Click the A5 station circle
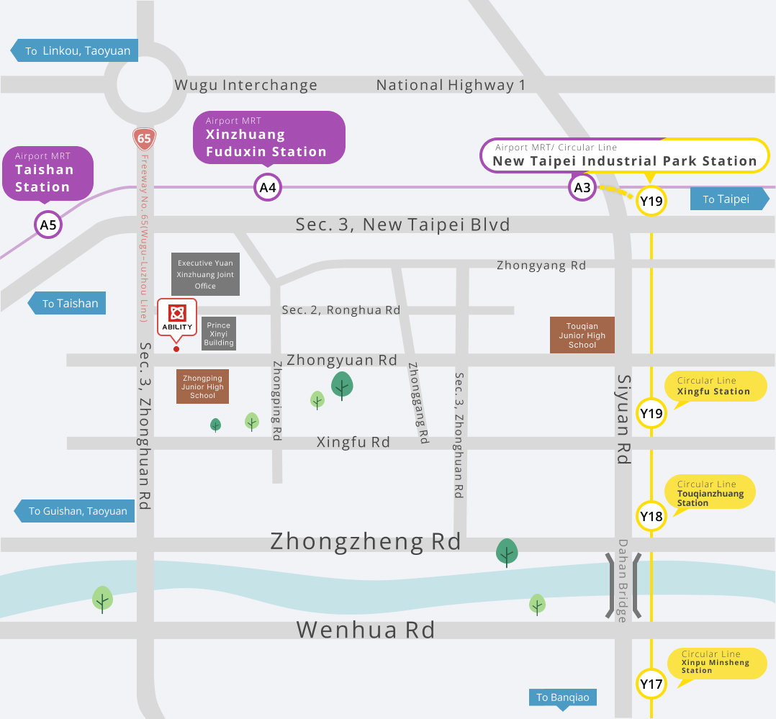[x=48, y=225]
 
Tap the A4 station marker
[x=268, y=189]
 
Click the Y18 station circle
[x=651, y=516]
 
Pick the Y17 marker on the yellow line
[x=651, y=684]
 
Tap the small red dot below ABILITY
[x=176, y=349]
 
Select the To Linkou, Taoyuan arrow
[x=73, y=51]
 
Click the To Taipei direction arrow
[x=729, y=199]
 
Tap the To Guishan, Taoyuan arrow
[x=75, y=511]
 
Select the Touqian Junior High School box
[x=582, y=335]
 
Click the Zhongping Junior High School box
[x=203, y=386]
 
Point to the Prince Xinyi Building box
[x=219, y=334]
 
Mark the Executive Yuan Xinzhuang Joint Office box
[x=205, y=274]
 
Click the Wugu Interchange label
[x=245, y=85]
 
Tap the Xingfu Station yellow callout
[x=714, y=386]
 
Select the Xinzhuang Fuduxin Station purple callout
[x=268, y=137]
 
